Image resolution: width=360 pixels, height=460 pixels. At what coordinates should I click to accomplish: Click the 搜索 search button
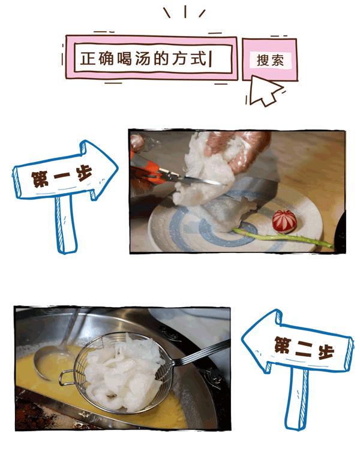269,60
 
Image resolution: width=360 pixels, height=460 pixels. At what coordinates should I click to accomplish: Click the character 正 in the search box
88,59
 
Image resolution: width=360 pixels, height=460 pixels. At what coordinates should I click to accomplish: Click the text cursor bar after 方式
212,59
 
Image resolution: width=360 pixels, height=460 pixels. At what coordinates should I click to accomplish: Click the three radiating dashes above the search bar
184,12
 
